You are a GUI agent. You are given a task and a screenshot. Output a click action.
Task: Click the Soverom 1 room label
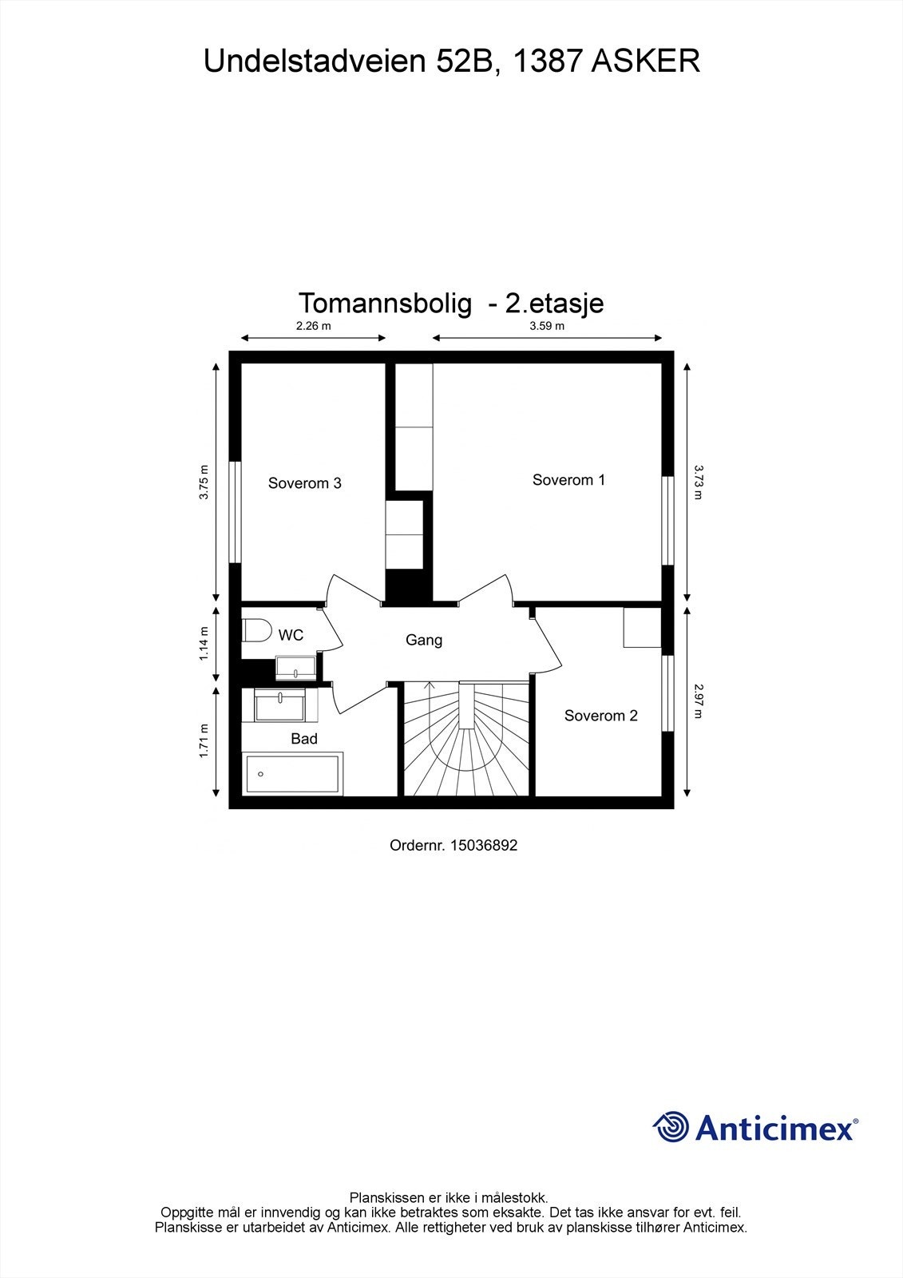click(x=568, y=480)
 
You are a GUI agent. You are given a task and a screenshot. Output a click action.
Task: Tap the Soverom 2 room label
click(x=600, y=716)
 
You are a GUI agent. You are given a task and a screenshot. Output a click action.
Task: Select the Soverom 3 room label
click(x=304, y=483)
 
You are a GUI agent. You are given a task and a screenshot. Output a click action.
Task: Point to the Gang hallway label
click(x=423, y=640)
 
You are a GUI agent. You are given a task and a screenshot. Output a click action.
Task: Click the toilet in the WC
click(x=256, y=630)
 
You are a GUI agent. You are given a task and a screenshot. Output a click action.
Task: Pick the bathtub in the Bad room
click(x=293, y=773)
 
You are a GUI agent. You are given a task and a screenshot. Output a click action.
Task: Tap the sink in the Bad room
click(x=279, y=705)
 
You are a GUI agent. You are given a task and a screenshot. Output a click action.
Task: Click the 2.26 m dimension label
click(x=313, y=326)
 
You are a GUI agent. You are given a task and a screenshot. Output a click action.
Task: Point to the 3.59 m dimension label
click(x=546, y=326)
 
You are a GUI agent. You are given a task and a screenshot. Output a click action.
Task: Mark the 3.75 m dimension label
click(x=204, y=482)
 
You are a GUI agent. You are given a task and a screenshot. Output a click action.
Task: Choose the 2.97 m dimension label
click(x=698, y=701)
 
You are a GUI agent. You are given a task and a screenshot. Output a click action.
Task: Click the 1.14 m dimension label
click(x=204, y=643)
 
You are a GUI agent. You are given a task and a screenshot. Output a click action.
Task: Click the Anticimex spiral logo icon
click(x=671, y=1127)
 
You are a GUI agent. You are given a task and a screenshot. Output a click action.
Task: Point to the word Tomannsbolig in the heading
click(x=385, y=304)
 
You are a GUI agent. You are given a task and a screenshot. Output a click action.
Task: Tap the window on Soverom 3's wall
click(x=235, y=512)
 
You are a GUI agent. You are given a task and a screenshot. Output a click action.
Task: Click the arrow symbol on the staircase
click(x=430, y=685)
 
